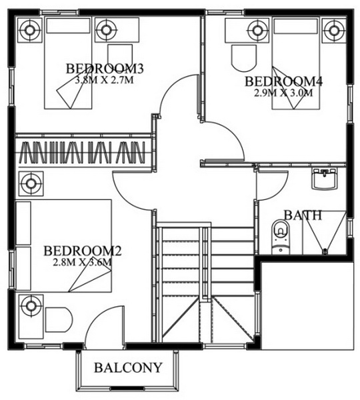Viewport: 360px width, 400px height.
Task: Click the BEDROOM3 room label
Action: pos(105,69)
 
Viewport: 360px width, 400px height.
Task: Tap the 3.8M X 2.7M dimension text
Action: pos(105,80)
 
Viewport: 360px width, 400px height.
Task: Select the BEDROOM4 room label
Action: pos(284,81)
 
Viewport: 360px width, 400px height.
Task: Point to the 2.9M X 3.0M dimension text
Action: pos(283,93)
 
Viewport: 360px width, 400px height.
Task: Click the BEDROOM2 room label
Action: pos(83,251)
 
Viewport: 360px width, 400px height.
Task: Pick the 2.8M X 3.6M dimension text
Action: pos(82,262)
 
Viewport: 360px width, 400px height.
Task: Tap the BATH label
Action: pos(303,215)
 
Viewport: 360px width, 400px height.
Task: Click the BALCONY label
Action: pos(128,367)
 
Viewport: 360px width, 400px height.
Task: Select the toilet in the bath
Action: pos(280,237)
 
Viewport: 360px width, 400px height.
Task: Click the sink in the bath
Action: pos(325,179)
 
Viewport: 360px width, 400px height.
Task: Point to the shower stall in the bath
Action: pos(324,233)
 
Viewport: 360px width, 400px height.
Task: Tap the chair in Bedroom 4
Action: pos(243,59)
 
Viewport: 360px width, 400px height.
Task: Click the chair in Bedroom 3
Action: pos(120,57)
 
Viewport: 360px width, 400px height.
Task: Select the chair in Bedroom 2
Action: pos(59,319)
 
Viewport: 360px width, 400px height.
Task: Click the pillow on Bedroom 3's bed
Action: pos(69,25)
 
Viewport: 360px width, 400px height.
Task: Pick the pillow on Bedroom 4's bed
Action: pos(296,26)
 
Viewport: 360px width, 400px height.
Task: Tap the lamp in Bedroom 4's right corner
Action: pos(333,31)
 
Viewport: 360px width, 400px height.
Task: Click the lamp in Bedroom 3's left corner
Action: pos(29,30)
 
